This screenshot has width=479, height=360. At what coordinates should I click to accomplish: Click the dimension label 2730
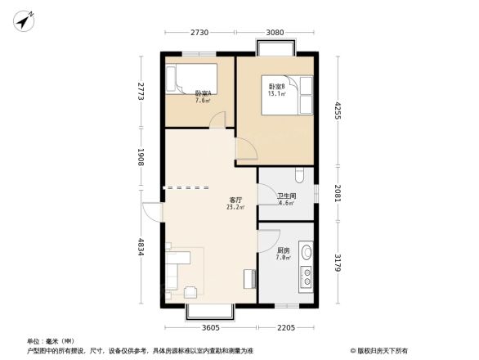point(200,33)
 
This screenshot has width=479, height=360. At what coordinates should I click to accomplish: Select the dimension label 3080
point(275,33)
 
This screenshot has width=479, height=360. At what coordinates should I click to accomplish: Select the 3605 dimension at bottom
point(211,328)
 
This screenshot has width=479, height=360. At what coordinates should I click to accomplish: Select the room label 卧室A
point(203,94)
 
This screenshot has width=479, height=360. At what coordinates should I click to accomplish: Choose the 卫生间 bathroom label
point(286,196)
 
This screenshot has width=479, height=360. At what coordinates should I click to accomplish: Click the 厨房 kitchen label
point(283,250)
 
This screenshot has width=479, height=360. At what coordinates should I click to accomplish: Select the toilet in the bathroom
point(301,174)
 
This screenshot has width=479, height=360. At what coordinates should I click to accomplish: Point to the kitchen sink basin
point(307,253)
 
